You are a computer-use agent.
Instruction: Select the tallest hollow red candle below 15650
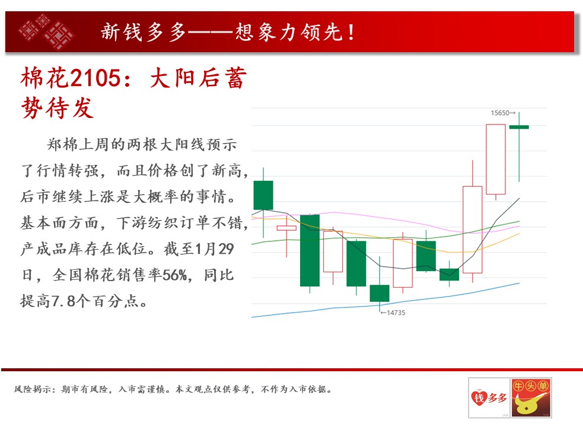pyautogui.click(x=496, y=159)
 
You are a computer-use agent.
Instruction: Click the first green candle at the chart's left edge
pyautogui.click(x=263, y=195)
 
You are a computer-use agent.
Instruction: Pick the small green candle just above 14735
pyautogui.click(x=380, y=293)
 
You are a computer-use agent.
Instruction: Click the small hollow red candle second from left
pyautogui.click(x=286, y=228)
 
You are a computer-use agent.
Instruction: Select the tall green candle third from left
pyautogui.click(x=310, y=250)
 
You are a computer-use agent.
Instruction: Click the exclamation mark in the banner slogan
pyautogui.click(x=351, y=32)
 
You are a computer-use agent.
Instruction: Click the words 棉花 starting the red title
pyautogui.click(x=45, y=78)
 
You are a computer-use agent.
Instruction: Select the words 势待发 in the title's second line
pyautogui.click(x=57, y=108)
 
